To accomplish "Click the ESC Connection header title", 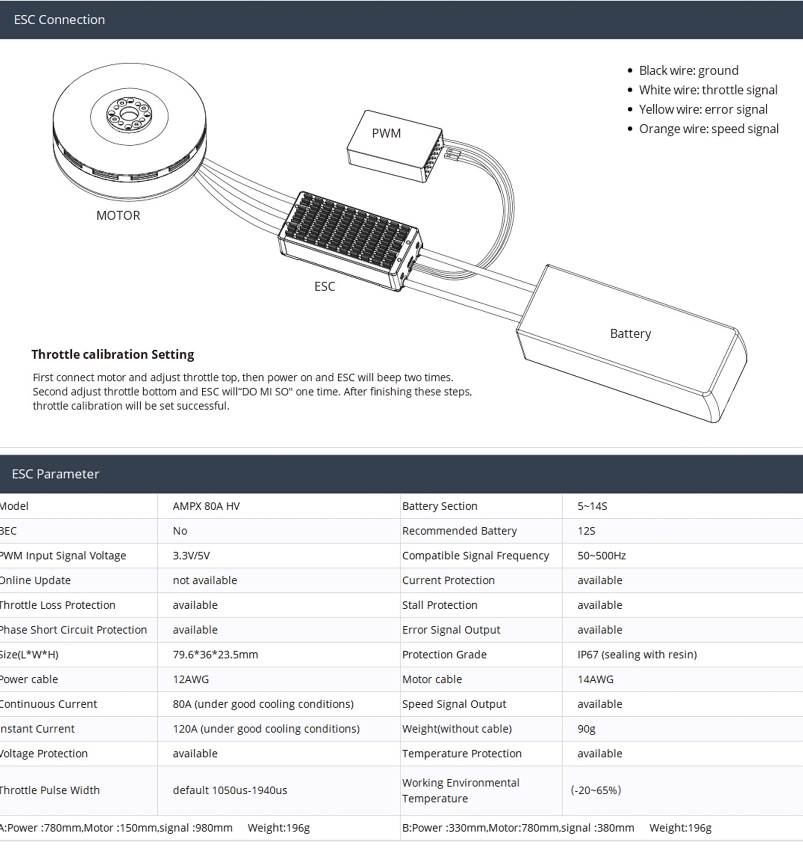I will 59,20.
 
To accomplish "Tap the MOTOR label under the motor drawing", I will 118,215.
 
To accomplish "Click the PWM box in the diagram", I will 386,134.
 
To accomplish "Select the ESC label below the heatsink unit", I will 324,286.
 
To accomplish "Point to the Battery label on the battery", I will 630,334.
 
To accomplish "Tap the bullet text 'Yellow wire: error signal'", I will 703,110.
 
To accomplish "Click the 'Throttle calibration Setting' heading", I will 112,354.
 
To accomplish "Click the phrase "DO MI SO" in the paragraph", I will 265,392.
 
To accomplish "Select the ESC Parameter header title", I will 55,474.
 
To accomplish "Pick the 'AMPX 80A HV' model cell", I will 206,506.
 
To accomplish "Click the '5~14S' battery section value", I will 592,506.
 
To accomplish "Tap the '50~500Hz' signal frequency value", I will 601,556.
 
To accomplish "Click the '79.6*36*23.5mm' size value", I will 215,655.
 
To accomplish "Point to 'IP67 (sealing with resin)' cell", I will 637,655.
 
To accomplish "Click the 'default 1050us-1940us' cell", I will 230,790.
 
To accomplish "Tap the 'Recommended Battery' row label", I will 459,531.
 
